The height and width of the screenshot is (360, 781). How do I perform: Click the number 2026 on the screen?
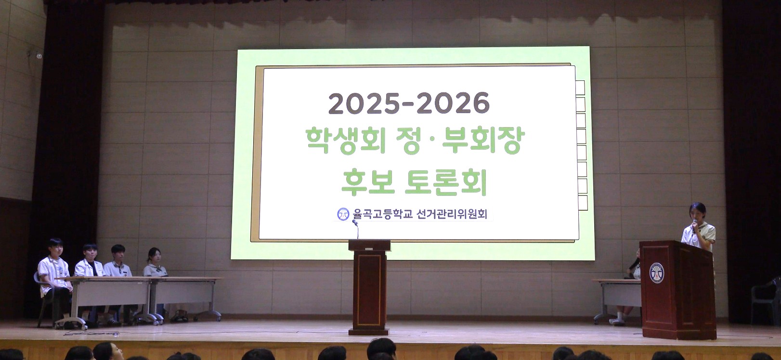pyautogui.click(x=453, y=103)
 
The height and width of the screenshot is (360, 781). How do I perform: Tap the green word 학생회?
pyautogui.click(x=346, y=141)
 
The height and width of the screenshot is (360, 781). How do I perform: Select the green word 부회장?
pyautogui.click(x=483, y=141)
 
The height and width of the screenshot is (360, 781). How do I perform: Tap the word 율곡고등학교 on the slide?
pyautogui.click(x=382, y=214)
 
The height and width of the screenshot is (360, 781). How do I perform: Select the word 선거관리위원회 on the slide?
pyautogui.click(x=452, y=214)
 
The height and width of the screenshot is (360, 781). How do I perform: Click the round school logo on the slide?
pyautogui.click(x=343, y=214)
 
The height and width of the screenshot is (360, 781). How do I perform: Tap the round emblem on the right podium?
pyautogui.click(x=656, y=272)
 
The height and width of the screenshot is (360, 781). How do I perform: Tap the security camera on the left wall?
pyautogui.click(x=39, y=56)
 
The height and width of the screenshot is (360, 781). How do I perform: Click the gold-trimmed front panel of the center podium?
pyautogui.click(x=369, y=290)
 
